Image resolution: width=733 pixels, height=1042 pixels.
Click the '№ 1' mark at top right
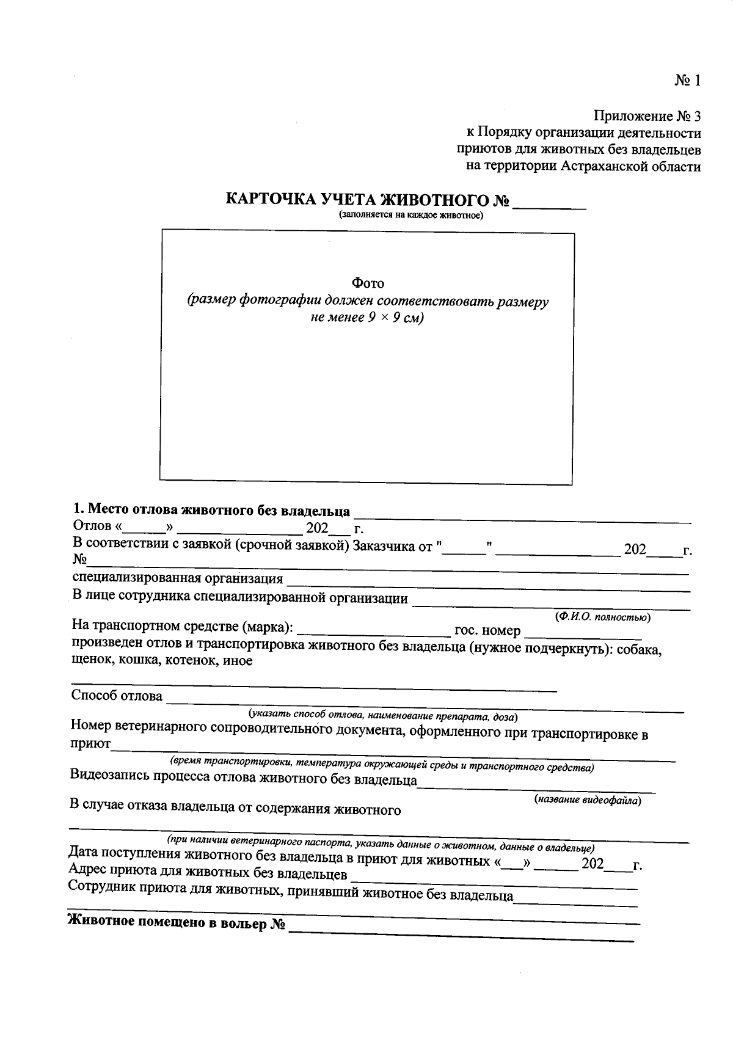click(687, 81)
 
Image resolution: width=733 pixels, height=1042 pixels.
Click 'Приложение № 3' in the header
click(647, 116)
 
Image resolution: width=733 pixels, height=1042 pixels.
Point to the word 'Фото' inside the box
click(367, 283)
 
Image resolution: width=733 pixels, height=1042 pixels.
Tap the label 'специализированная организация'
click(177, 578)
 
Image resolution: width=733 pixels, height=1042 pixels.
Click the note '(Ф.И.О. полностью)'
click(602, 617)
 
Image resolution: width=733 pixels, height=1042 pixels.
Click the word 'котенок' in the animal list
click(194, 661)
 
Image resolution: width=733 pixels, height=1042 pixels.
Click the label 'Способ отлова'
click(117, 696)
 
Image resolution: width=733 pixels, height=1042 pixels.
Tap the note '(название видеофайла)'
click(588, 800)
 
